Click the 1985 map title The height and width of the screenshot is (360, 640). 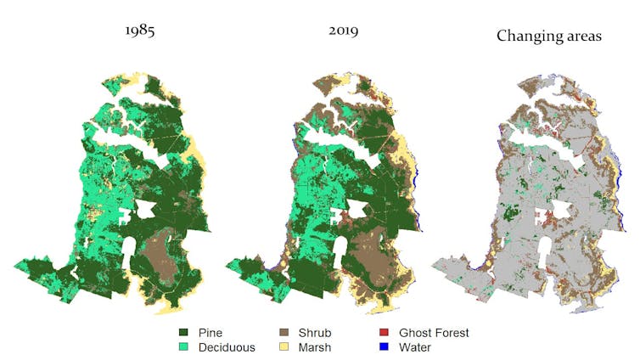[x=139, y=32]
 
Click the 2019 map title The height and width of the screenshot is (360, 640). [x=343, y=32]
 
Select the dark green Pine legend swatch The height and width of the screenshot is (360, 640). [x=183, y=333]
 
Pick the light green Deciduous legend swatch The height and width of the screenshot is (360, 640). [x=183, y=346]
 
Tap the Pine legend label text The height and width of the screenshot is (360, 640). [x=211, y=333]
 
